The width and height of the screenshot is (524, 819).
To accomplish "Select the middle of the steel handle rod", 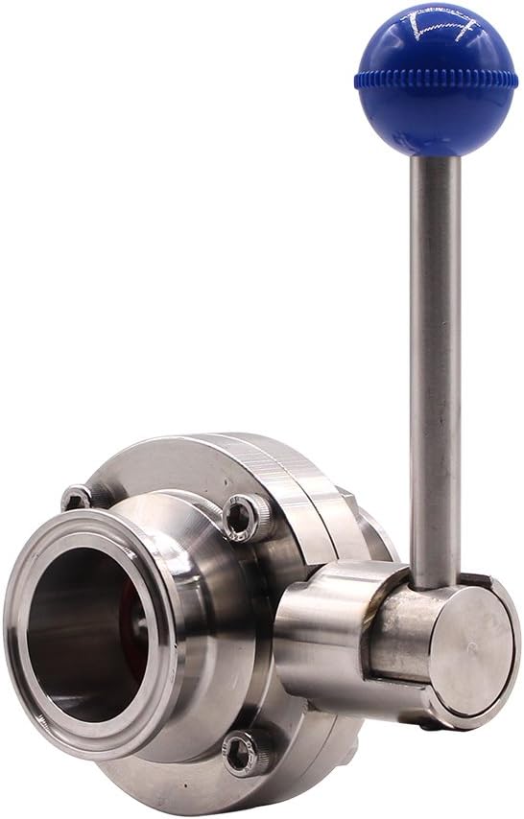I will (435, 364).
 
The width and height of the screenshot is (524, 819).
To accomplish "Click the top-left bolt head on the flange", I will (77, 498).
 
